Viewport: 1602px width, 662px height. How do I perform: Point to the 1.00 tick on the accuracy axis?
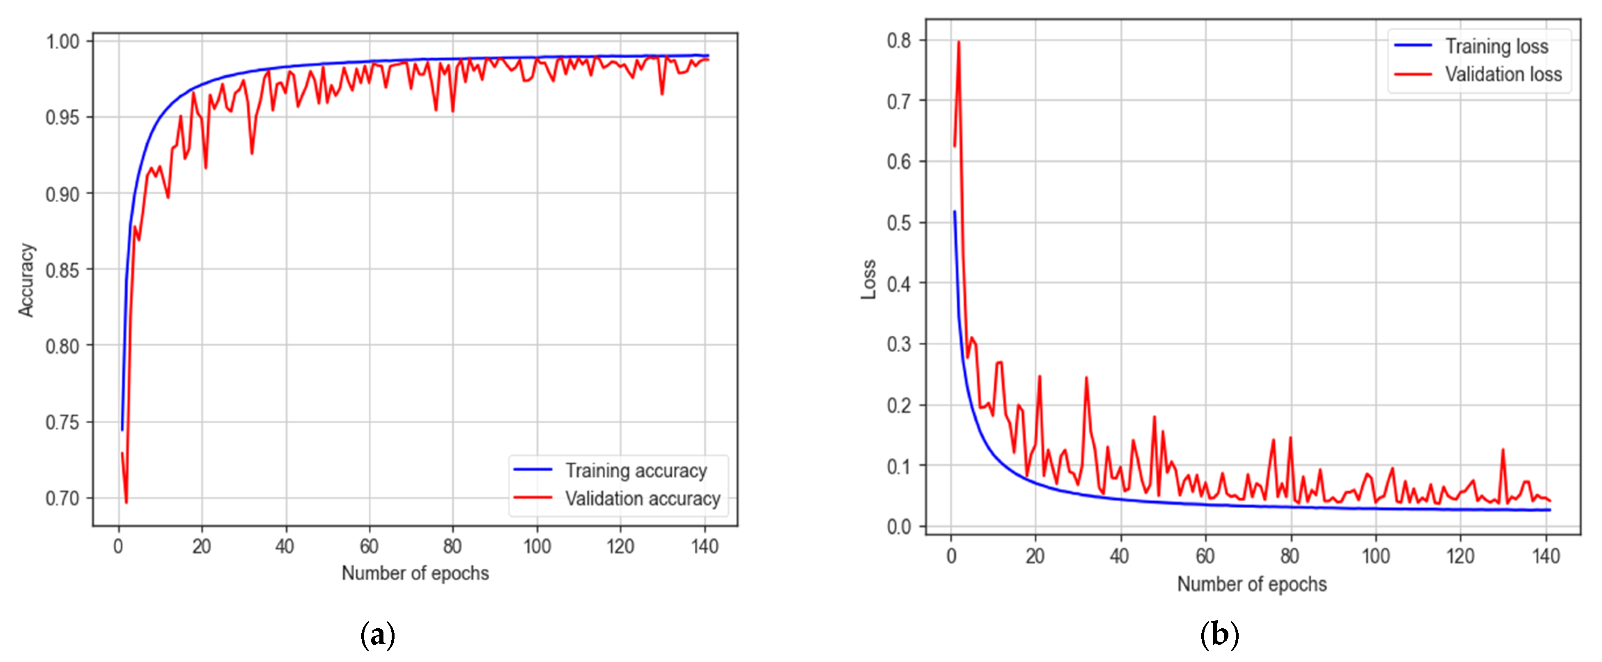[x=63, y=42]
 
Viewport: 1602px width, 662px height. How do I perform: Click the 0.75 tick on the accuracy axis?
[x=63, y=422]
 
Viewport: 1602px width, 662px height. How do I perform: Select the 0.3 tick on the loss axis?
[x=899, y=344]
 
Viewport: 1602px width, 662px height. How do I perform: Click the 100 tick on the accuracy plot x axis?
[x=537, y=547]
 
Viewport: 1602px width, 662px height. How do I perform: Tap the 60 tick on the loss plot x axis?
[x=1205, y=556]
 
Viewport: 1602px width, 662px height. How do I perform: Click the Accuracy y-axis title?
[x=25, y=280]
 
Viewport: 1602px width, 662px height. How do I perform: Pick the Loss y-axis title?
[x=868, y=279]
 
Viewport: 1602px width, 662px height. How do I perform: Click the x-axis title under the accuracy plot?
[x=415, y=573]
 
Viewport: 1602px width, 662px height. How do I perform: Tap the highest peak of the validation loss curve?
[x=958, y=42]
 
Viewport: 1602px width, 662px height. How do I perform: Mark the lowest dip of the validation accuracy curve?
[x=126, y=502]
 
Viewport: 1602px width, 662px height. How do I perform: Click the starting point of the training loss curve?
[x=954, y=212]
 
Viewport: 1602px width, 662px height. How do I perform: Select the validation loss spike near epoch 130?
[x=1503, y=449]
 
